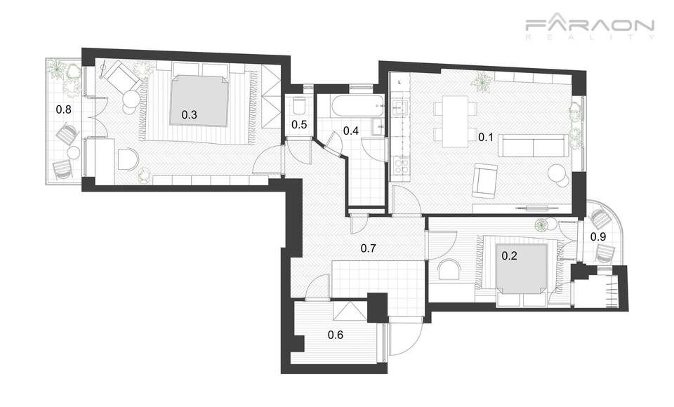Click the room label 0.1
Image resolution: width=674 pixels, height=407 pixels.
486,138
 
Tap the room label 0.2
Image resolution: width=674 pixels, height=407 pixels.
510,256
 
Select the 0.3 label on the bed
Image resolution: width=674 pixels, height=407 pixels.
189,115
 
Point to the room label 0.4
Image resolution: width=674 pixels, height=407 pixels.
351,131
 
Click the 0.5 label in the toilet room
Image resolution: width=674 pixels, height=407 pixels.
299,125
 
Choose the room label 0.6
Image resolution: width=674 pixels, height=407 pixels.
336,335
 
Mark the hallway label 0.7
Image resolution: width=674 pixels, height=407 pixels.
369,248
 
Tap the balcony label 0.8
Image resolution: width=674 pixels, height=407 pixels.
64,109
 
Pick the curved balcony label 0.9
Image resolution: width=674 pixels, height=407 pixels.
598,236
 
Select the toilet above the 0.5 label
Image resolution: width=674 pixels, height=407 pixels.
298,105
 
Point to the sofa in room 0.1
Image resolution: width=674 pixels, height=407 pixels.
533,146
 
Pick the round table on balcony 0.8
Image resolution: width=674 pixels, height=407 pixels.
74,152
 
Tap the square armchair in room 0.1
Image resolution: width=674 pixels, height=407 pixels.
484,182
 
